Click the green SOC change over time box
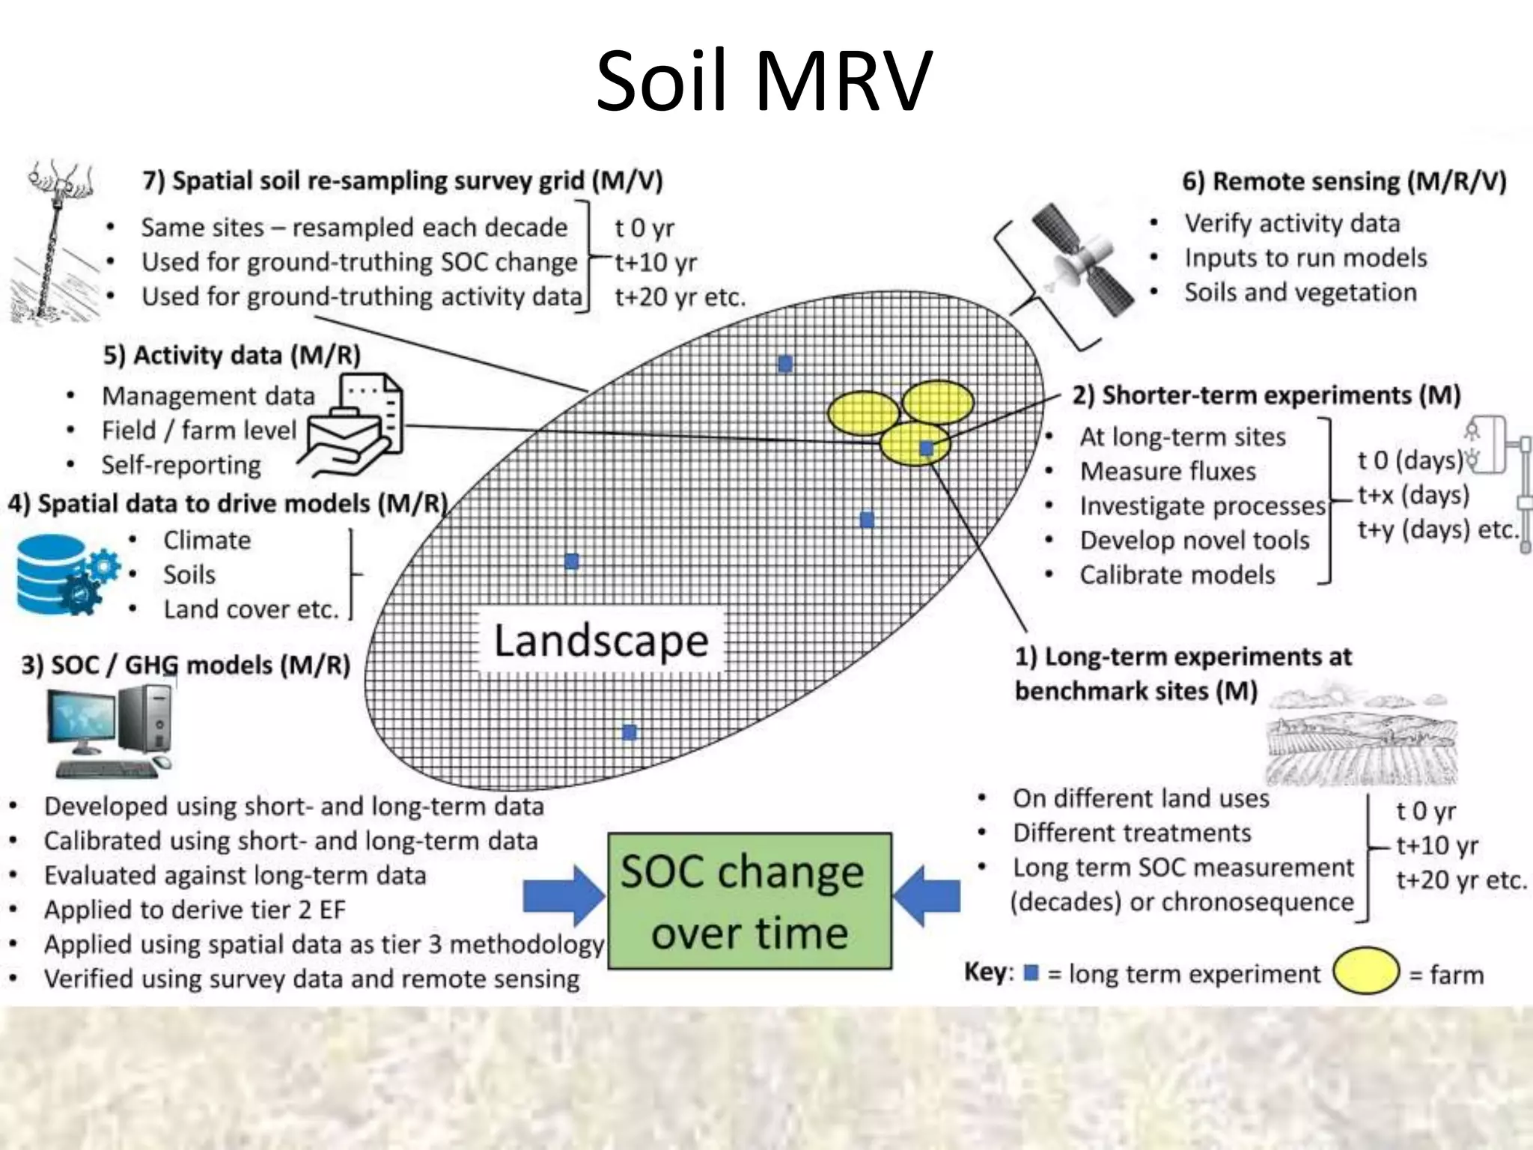tap(749, 901)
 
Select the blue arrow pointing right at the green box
tap(563, 895)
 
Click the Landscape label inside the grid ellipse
tap(601, 641)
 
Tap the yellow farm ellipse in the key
tap(1366, 971)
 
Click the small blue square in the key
tap(1031, 973)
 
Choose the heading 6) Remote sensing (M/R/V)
tap(1344, 182)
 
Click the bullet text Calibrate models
tap(1177, 575)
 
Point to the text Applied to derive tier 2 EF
tap(195, 910)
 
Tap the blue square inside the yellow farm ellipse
tap(926, 448)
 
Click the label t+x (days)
tap(1414, 495)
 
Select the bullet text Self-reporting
tap(181, 465)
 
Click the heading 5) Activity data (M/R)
tap(232, 355)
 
